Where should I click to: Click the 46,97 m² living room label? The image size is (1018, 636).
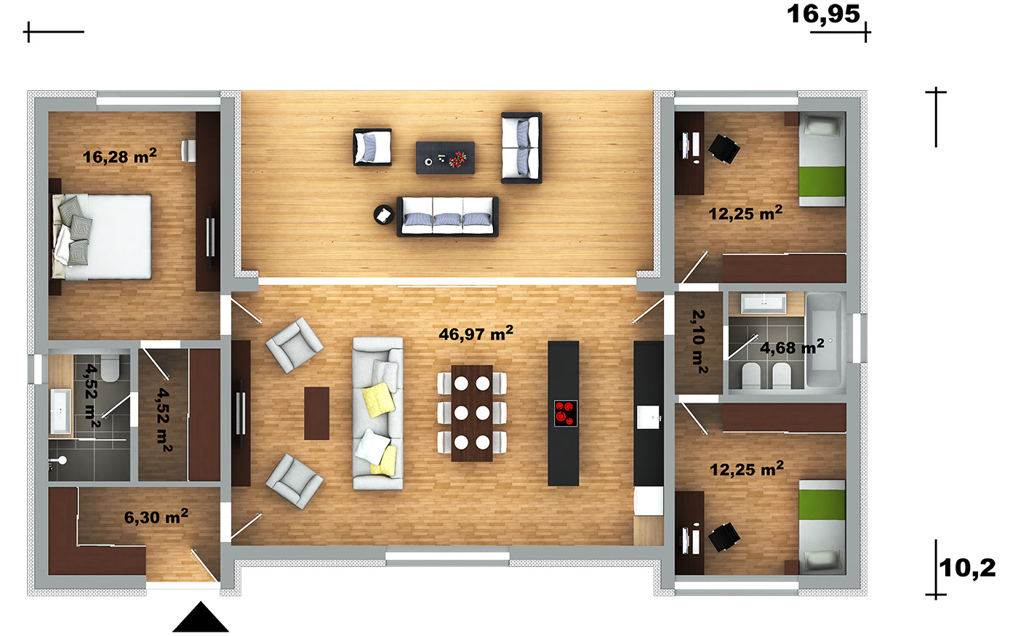click(476, 334)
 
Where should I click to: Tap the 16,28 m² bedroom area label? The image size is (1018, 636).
click(119, 156)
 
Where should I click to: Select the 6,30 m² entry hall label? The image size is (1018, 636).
click(156, 517)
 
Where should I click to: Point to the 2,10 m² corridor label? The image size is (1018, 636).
click(700, 342)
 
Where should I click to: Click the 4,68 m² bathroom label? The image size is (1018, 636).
click(792, 347)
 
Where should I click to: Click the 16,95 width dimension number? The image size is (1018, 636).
click(823, 14)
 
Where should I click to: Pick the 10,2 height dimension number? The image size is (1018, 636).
click(967, 568)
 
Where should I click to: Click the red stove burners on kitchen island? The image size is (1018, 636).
click(566, 413)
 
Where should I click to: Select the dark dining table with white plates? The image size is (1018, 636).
click(472, 413)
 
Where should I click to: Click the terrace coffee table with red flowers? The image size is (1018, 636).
click(445, 158)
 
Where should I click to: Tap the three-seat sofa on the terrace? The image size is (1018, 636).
click(448, 217)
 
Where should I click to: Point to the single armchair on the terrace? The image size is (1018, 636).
click(372, 147)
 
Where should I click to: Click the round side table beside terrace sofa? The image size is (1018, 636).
click(384, 215)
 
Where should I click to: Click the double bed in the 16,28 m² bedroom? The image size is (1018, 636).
click(101, 237)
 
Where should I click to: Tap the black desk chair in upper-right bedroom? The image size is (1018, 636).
click(724, 148)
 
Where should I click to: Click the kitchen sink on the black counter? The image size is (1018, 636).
click(648, 417)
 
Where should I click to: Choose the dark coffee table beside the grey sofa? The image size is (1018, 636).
click(317, 413)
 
